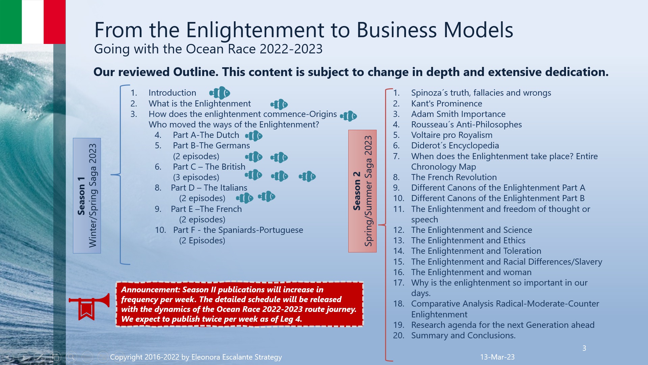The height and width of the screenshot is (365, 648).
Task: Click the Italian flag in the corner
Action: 33,22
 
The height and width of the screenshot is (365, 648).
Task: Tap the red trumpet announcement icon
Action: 88,306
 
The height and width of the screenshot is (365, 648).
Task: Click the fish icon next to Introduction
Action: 220,93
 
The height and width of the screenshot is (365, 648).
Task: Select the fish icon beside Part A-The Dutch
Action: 254,136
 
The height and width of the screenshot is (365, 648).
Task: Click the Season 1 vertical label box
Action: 87,196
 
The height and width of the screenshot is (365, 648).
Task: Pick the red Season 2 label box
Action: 362,191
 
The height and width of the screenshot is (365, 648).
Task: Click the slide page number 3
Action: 584,348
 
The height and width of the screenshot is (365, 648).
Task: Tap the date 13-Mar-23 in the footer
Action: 497,357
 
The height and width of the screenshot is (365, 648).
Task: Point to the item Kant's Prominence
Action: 446,103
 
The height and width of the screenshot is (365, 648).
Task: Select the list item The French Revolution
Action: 454,177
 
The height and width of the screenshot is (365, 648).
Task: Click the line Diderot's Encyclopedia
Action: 455,145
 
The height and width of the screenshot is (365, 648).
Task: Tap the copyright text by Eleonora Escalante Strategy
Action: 196,357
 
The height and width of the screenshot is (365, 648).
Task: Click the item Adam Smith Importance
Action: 458,114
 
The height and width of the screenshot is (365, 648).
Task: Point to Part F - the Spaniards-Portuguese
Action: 238,230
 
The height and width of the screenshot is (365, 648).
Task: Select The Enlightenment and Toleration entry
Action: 476,251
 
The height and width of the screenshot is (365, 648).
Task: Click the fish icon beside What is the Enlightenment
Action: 279,104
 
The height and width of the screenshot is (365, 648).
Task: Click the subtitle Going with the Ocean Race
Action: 208,49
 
